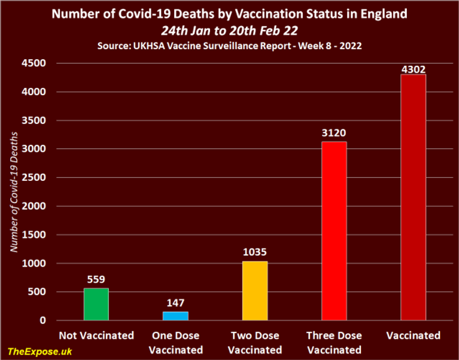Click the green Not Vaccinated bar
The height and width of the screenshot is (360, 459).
[x=96, y=304]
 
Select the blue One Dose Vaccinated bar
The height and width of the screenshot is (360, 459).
[x=176, y=316]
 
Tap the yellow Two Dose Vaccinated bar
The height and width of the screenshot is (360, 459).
[x=255, y=291]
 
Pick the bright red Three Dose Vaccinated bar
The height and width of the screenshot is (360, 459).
[x=334, y=231]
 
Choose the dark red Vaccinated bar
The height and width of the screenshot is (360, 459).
[x=413, y=197]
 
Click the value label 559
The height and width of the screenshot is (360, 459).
[x=96, y=279]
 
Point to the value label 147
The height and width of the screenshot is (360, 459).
[x=176, y=303]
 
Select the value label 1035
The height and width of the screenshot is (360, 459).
[x=255, y=252]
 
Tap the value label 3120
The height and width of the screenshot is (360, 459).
[x=334, y=132]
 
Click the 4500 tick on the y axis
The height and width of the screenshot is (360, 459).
[x=37, y=63]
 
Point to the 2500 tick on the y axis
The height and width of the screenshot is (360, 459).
[x=37, y=178]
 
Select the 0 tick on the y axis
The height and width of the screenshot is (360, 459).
[x=43, y=320]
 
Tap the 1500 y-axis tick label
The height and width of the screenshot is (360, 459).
[x=37, y=235]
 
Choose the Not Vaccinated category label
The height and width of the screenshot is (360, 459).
[x=96, y=335]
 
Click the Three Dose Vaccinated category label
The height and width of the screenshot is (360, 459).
[x=334, y=342]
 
